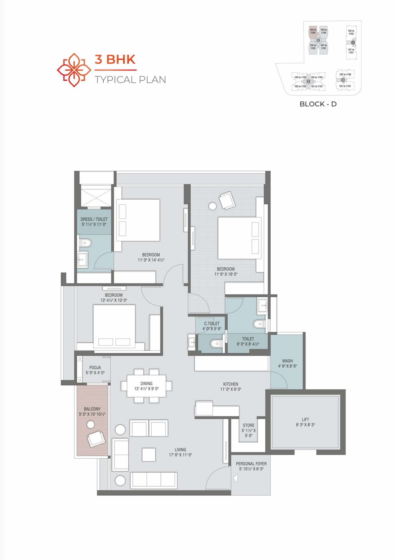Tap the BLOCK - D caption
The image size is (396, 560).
[318, 104]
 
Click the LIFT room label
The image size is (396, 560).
[305, 419]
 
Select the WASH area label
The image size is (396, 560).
[287, 361]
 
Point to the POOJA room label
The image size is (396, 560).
[95, 367]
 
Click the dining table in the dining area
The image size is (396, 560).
[146, 386]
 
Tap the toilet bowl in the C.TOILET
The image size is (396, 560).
[216, 343]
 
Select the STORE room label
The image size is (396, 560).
[248, 425]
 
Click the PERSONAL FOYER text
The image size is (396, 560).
[251, 464]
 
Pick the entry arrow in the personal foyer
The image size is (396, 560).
[235, 478]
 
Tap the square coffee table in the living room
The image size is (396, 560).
[148, 455]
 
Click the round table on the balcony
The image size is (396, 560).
[91, 425]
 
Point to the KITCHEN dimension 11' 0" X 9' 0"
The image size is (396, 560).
[230, 389]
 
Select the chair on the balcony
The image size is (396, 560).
[96, 439]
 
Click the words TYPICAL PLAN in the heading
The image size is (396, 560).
[130, 80]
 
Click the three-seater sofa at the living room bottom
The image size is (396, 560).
[153, 480]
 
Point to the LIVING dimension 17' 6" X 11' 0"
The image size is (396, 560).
[180, 455]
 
